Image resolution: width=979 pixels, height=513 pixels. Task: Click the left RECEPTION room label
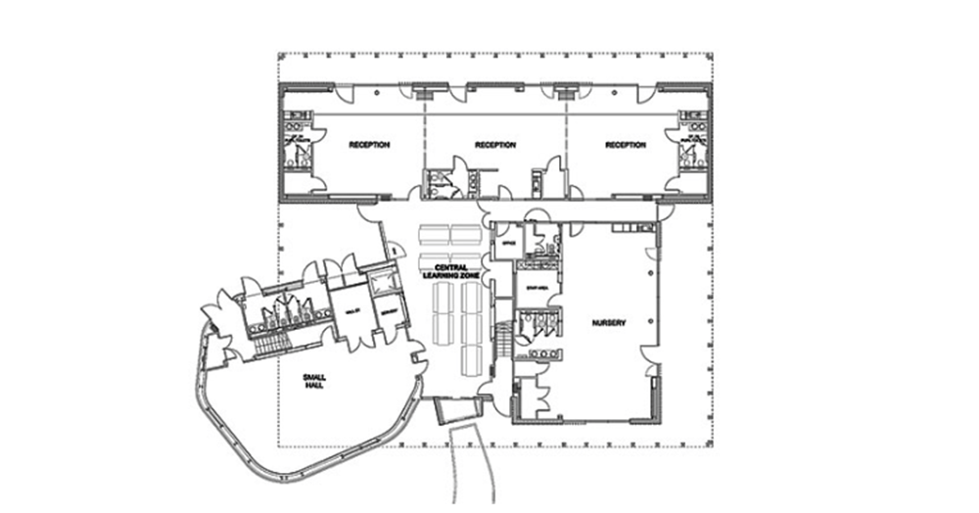[369, 145]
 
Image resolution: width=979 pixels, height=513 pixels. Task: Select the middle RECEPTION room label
[494, 145]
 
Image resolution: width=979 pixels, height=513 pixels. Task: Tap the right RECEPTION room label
[626, 145]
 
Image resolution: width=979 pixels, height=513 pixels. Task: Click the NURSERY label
[608, 321]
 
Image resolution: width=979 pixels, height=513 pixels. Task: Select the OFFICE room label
[506, 242]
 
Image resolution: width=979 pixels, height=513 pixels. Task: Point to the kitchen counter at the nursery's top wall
[626, 229]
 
